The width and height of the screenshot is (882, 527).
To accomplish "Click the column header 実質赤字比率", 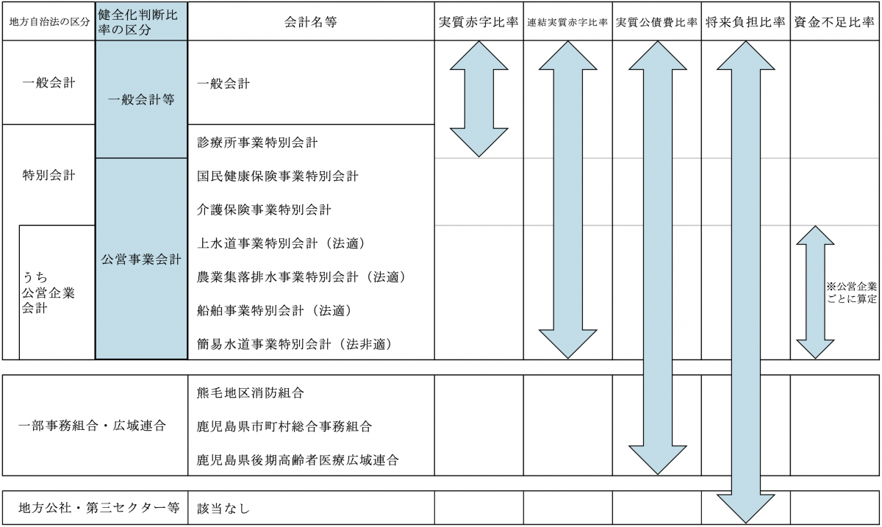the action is pos(478,23).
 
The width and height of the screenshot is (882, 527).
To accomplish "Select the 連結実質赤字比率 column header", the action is pos(567,23).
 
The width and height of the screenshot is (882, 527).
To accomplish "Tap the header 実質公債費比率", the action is pos(656,23).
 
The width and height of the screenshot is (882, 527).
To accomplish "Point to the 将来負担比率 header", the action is pos(745,23).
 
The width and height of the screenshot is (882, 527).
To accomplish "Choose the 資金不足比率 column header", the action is pos(834,23).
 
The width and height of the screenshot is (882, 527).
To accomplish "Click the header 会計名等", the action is pos(311,22).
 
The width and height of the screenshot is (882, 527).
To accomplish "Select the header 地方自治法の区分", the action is pos(49,22).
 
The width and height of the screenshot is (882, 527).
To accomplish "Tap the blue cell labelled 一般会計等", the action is pos(141,99).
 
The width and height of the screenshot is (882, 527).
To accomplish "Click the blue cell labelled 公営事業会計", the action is pos(141,259).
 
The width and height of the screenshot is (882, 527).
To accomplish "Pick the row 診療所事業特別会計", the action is pos(257,143).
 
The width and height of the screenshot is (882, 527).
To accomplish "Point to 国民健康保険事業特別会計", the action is pos(278,176).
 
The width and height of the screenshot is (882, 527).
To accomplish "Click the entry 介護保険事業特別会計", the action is pos(264,210).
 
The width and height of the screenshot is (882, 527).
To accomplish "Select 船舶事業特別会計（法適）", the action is pos(274,311).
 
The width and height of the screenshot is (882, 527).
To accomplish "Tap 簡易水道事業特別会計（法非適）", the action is pos(295,345).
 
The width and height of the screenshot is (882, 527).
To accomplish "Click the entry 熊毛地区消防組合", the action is pos(251,392).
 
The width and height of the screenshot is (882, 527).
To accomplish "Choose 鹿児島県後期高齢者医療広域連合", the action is pos(298,460).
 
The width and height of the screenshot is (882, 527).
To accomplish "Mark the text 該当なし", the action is pos(223,509).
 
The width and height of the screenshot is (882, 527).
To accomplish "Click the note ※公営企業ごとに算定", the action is pos(852,293).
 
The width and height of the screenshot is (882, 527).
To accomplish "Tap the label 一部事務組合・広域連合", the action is pos(92,426).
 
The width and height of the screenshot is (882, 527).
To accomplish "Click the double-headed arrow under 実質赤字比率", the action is pos(478,99).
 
